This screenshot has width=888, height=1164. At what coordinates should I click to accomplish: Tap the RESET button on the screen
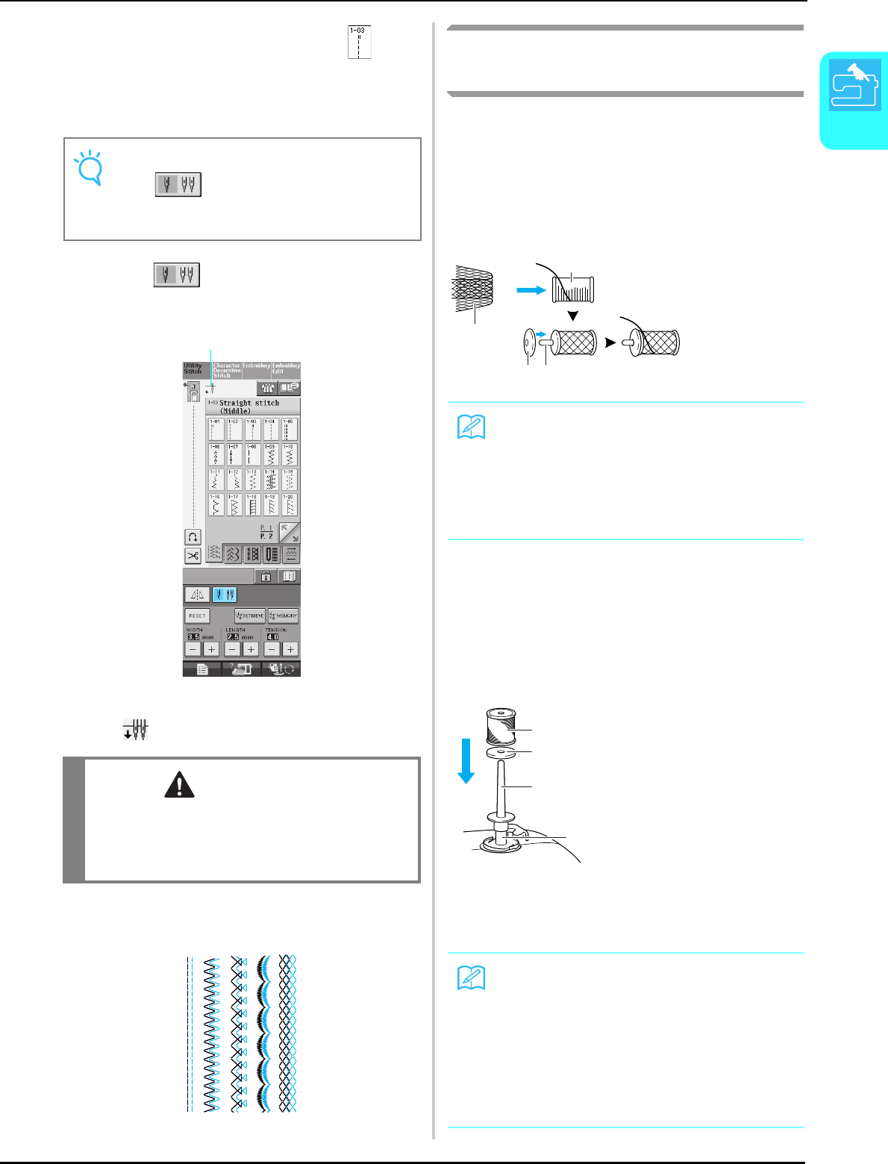(198, 616)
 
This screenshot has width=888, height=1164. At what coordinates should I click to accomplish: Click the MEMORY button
(283, 616)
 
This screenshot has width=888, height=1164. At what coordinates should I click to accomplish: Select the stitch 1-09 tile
(270, 454)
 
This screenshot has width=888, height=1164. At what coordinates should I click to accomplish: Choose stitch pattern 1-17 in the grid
(234, 505)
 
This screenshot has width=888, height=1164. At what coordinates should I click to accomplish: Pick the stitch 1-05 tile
(289, 429)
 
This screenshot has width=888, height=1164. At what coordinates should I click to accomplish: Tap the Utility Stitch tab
(194, 369)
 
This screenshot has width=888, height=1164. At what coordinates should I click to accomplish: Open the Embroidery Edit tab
(286, 369)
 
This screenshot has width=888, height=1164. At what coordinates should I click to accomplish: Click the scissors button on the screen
(193, 555)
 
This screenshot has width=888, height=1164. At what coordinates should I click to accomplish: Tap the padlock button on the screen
(266, 576)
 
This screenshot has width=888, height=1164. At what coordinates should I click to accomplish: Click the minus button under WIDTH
(193, 649)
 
